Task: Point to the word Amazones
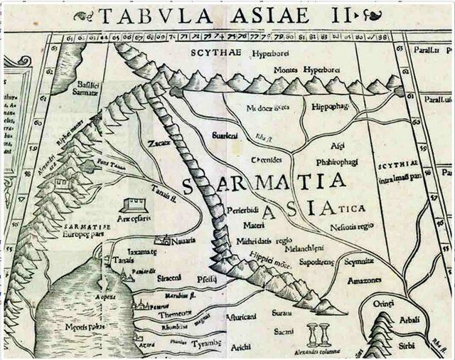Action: (364, 280)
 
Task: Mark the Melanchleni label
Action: (304, 250)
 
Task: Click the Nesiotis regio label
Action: (351, 226)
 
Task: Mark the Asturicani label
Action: (240, 317)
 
